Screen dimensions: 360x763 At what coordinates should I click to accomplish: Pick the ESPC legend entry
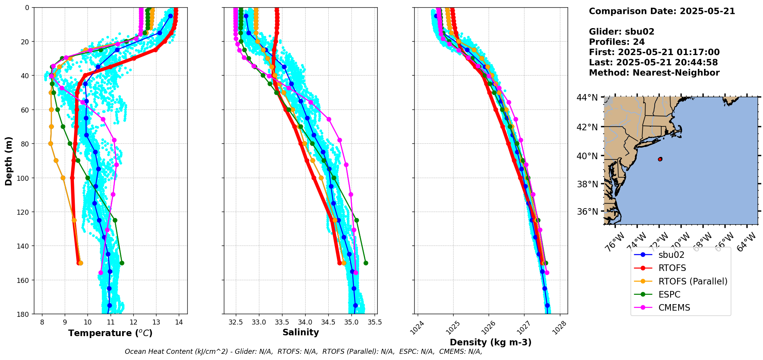pos(669,294)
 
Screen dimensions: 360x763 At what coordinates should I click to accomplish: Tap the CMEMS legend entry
pos(674,308)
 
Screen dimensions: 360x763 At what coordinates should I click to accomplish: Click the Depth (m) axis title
pos(9,161)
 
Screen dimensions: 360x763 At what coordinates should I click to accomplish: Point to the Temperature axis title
pos(110,333)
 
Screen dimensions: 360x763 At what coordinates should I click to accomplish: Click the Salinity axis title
pos(301,333)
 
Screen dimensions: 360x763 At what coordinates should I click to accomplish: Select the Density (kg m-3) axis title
pos(491,342)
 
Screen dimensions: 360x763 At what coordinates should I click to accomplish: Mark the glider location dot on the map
pos(660,159)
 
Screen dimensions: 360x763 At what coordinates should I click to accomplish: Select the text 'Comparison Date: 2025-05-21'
pos(662,11)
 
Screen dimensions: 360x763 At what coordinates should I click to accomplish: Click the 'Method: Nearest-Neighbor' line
pos(654,73)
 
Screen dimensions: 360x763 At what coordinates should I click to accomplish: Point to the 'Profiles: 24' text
pos(617,42)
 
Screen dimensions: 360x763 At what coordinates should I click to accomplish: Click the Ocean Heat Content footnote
pos(303,352)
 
